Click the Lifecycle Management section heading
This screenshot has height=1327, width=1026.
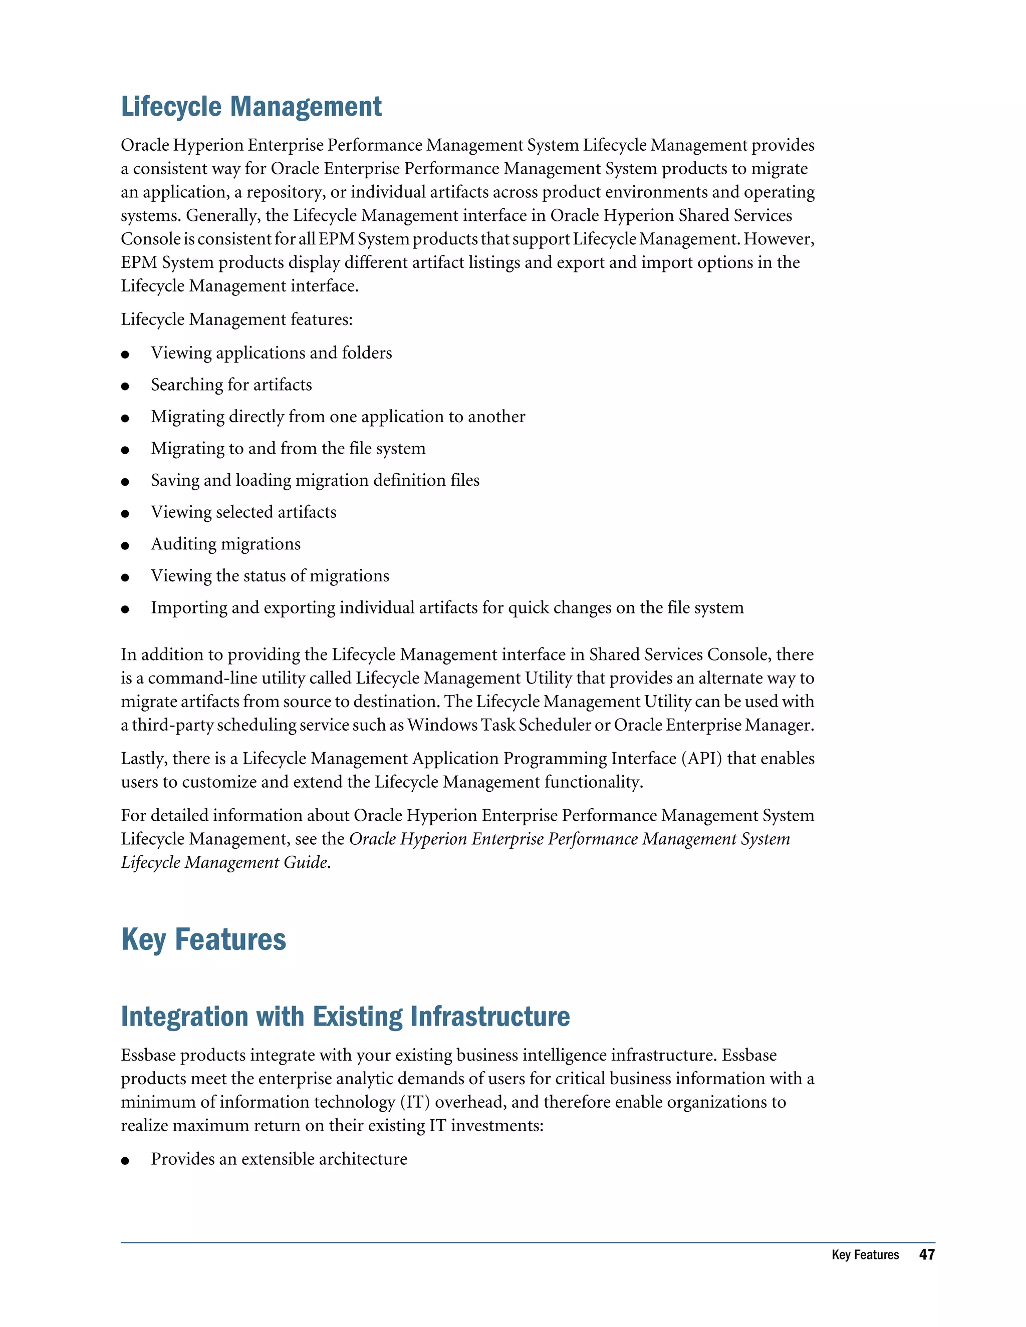tap(251, 107)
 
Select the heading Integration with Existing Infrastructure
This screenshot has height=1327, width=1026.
tap(345, 1017)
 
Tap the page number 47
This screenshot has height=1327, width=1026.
tap(926, 1255)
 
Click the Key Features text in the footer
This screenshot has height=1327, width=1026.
tap(864, 1255)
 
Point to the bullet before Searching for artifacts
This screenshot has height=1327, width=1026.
tap(125, 387)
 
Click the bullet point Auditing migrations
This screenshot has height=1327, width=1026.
tap(225, 544)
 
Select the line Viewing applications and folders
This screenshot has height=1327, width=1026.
tap(271, 353)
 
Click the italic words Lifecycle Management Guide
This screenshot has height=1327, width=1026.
tap(225, 862)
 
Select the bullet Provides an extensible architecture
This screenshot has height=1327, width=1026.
tap(279, 1159)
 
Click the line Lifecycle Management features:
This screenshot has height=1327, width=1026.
tap(236, 319)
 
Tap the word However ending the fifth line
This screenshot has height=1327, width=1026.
tap(779, 239)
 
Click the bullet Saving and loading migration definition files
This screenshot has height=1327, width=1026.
tap(315, 480)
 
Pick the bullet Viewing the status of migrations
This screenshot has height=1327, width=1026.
tap(270, 576)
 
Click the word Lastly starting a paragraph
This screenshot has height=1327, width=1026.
tap(143, 758)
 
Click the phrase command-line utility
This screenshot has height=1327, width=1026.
tap(249, 678)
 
